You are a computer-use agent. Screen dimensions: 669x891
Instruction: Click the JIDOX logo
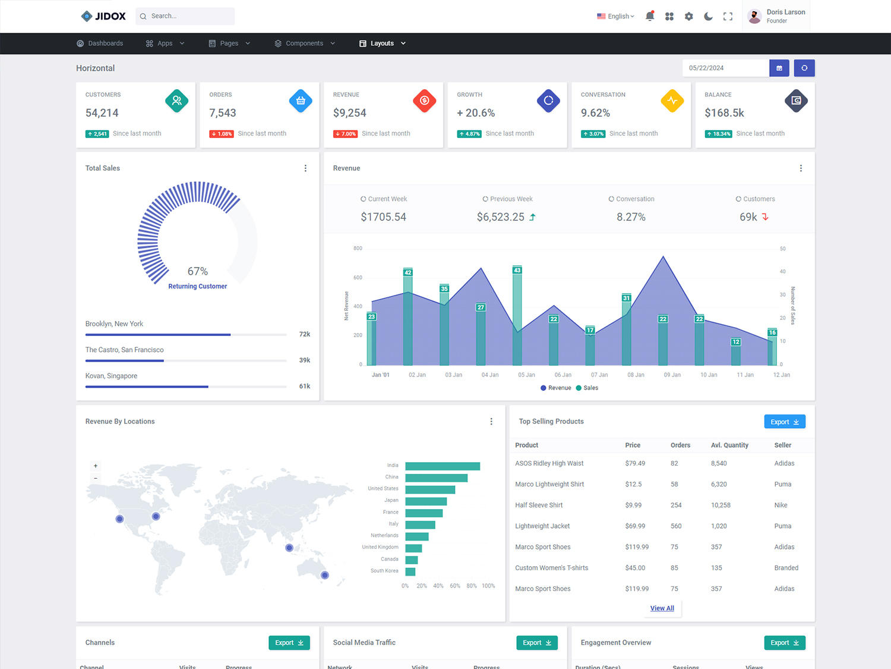(x=103, y=16)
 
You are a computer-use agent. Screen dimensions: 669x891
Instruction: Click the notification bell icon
(x=650, y=17)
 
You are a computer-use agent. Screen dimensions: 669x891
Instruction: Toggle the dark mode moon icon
(x=708, y=17)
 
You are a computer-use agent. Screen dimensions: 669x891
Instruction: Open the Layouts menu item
(x=382, y=43)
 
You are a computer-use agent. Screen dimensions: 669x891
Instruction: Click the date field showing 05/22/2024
(x=725, y=68)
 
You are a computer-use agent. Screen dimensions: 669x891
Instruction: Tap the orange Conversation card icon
(x=672, y=100)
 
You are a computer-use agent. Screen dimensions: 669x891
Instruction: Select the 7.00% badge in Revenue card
(x=345, y=134)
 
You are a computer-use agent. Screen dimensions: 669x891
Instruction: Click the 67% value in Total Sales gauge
(x=198, y=271)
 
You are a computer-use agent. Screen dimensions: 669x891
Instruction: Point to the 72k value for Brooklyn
(x=304, y=334)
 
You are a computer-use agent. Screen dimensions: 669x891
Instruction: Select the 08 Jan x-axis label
(x=636, y=375)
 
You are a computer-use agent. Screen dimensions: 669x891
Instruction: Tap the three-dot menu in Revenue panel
(x=801, y=168)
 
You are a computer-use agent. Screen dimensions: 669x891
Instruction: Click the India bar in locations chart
(x=443, y=466)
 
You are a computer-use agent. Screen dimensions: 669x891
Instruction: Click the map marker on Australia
(x=325, y=575)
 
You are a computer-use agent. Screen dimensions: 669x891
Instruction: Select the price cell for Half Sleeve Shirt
(x=633, y=505)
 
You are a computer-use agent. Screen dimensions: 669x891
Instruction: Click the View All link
(x=662, y=608)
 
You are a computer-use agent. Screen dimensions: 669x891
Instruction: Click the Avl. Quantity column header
(x=729, y=445)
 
